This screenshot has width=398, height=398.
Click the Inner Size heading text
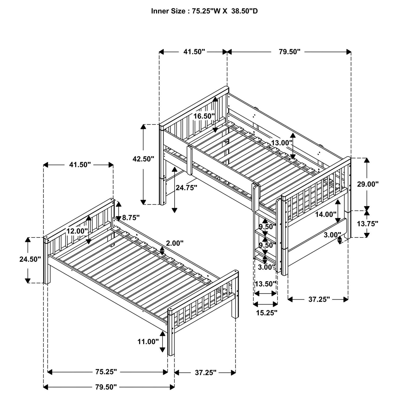pos(204,11)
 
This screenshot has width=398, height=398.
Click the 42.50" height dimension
pos(143,159)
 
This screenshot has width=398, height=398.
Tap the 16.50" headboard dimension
pos(204,116)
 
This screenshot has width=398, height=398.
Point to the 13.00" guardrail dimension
pos(281,143)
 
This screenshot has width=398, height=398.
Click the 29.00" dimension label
pos(367,184)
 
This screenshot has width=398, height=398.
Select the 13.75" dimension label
pos(367,224)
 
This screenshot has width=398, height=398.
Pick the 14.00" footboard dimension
pos(326,214)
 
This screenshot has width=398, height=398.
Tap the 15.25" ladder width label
pos(266,313)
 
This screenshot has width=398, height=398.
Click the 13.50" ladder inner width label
pos(266,284)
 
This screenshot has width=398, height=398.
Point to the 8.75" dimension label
pos(131,218)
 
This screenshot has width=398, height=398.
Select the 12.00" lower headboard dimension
pos(77,231)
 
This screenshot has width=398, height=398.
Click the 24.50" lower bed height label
pos(30,259)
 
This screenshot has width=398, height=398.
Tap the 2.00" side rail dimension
pos(175,243)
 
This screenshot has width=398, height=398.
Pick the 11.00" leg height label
pos(148,341)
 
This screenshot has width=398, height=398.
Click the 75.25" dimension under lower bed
pos(106,372)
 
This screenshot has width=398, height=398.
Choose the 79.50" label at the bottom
pos(106,387)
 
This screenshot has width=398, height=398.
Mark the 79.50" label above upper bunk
pos(289,52)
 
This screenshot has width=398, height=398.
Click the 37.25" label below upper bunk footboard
pos(319,299)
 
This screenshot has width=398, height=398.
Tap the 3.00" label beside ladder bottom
pos(266,267)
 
